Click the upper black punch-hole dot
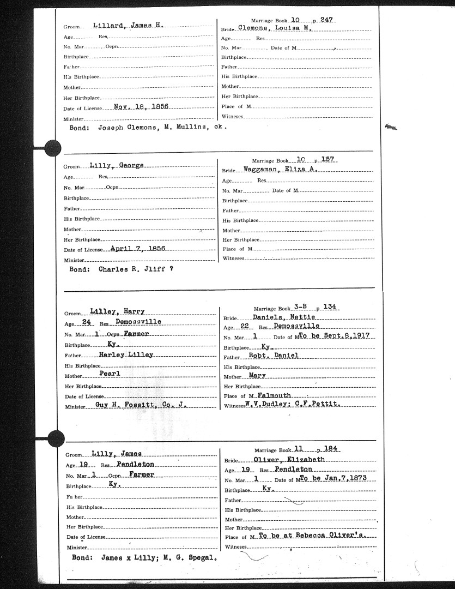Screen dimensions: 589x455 coord(53,147)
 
